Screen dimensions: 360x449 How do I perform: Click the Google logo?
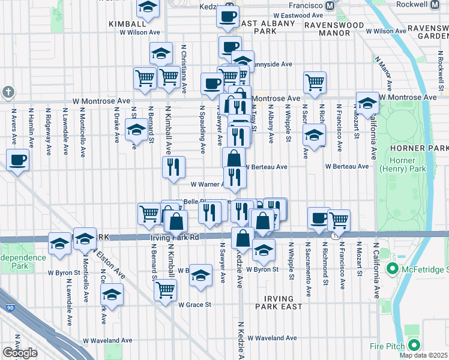point(20,353)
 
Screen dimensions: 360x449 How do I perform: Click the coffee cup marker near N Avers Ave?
point(17,160)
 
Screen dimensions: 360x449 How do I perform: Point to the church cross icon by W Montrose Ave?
point(7,92)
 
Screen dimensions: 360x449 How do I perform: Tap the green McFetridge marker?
point(394,268)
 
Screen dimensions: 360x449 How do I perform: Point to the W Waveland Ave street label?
point(272,338)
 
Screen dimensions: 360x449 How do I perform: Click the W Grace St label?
point(194,305)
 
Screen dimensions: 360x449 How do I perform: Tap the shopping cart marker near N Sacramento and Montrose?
point(315,82)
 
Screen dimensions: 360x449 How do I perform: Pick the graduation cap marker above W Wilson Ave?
point(148,8)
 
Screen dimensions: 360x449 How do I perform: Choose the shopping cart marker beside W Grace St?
point(165,290)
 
